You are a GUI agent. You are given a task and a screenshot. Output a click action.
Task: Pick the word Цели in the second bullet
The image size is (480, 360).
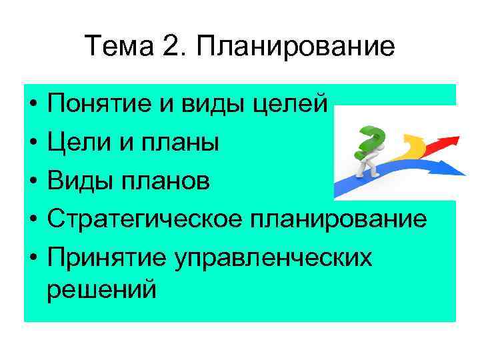coord(74,142)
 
